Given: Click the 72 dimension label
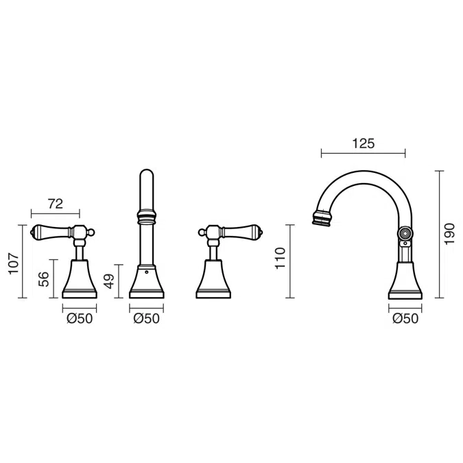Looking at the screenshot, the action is coord(56,204).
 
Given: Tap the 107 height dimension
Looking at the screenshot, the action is coord(14,263).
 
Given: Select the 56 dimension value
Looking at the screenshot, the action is coord(43,279).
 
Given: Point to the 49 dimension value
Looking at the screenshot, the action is coord(109,281).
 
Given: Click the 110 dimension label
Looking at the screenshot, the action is coord(281,258).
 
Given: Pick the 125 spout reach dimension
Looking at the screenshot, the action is coord(363,143).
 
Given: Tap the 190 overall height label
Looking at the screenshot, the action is coord(449,234).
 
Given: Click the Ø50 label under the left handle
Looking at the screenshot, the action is coord(80,318).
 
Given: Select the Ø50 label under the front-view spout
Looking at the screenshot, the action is coord(147,318).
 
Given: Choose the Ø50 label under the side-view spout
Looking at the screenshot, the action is coord(405,318).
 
